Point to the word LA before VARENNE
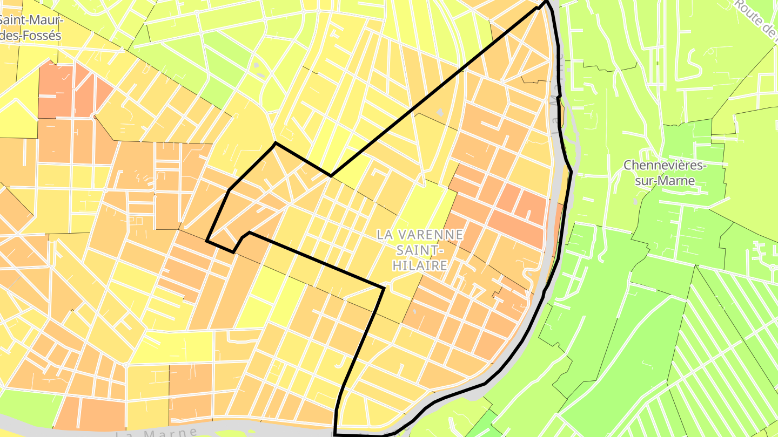click(385, 235)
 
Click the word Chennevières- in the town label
click(665, 166)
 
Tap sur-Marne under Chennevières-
click(665, 181)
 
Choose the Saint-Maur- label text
click(31, 21)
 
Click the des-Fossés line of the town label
click(31, 36)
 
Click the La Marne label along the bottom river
click(157, 432)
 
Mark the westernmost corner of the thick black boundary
click(207, 241)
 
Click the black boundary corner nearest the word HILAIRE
click(384, 288)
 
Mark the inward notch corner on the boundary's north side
click(331, 175)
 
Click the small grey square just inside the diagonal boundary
click(440, 113)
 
